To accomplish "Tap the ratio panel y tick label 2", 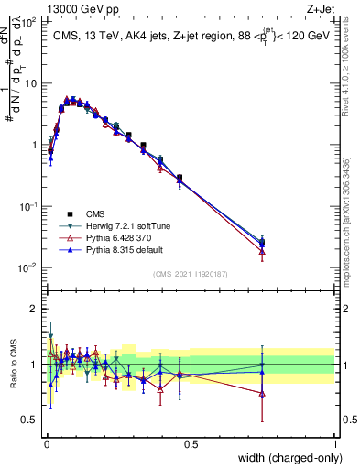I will pos(35,309).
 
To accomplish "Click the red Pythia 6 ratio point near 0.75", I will pos(262,394).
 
